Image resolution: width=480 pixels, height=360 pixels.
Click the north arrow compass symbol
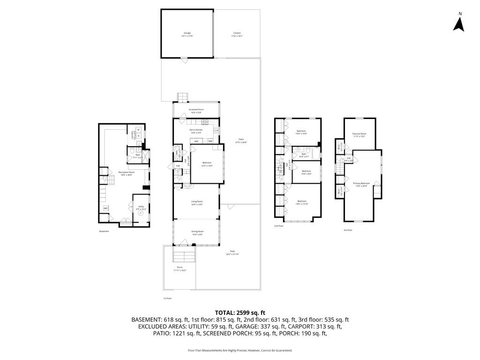[458, 22]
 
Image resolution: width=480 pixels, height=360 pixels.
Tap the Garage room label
[187, 34]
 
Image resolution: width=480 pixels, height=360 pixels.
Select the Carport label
[237, 34]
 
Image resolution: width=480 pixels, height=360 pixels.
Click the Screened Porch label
[196, 111]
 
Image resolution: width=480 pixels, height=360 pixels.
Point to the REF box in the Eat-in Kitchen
[196, 141]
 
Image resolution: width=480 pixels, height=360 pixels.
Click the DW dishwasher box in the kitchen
[210, 141]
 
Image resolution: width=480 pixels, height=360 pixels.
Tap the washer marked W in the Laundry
[138, 129]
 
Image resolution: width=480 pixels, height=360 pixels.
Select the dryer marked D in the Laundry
[138, 136]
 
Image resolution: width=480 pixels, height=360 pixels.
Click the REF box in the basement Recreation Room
[105, 208]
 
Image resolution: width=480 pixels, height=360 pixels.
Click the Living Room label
[196, 203]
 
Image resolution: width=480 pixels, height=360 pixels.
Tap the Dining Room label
[197, 232]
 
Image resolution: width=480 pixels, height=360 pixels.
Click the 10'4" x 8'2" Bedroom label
[306, 172]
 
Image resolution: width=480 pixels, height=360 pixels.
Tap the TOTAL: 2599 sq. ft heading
[240, 313]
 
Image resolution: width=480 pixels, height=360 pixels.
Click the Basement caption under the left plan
[104, 231]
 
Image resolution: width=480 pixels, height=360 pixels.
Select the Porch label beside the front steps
[180, 269]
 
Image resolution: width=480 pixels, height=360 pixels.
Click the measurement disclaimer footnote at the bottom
[240, 350]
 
